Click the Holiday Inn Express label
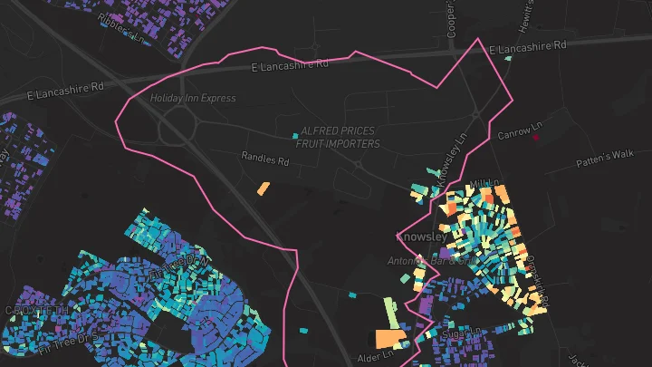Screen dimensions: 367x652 pyautogui.click(x=192, y=98)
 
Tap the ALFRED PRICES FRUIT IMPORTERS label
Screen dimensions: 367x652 pyautogui.click(x=337, y=138)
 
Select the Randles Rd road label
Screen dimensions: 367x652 pyautogui.click(x=264, y=159)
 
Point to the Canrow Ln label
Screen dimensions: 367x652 pyautogui.click(x=519, y=130)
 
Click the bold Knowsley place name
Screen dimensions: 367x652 pyautogui.click(x=422, y=237)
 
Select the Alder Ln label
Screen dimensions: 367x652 pyautogui.click(x=374, y=355)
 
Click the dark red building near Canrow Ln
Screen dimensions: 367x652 pyautogui.click(x=536, y=137)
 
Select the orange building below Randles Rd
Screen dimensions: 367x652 pyautogui.click(x=264, y=189)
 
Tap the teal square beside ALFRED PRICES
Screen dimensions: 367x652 pyautogui.click(x=295, y=137)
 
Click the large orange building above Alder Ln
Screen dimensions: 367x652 pyautogui.click(x=390, y=340)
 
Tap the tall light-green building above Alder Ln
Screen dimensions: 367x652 pyautogui.click(x=390, y=312)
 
